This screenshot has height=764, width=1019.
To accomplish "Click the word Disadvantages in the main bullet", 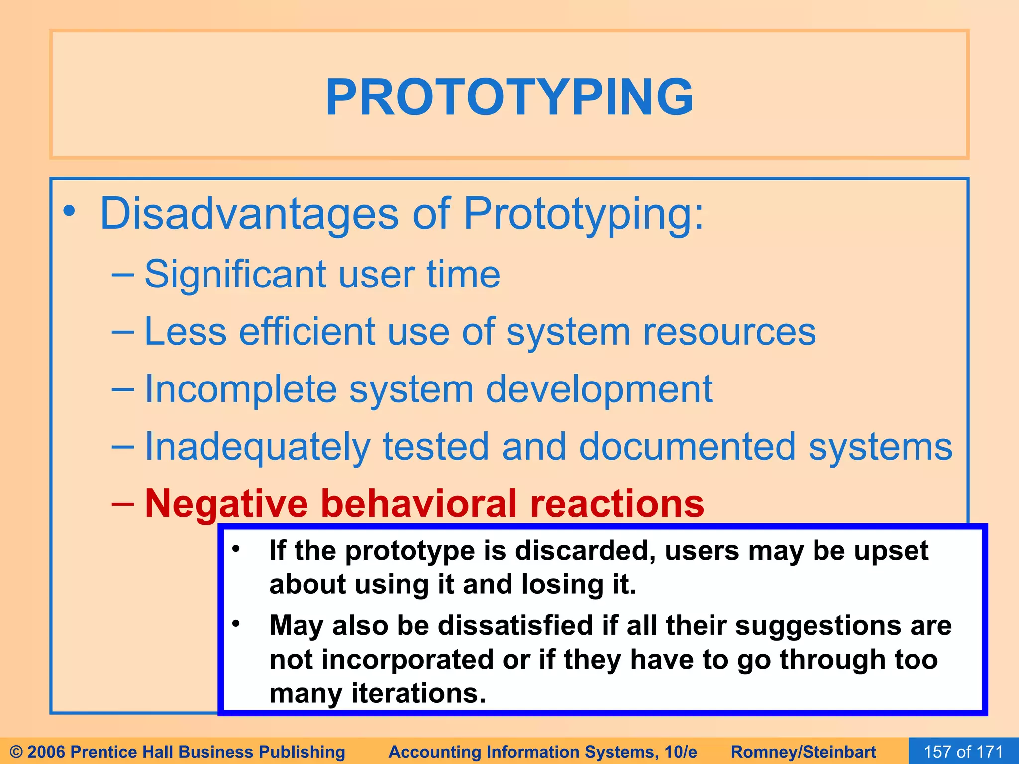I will coord(249,214).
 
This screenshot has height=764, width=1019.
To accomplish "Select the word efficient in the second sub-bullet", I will coord(307,332).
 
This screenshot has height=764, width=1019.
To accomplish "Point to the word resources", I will coord(729,332).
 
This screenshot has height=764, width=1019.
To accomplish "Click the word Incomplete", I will coord(240,389).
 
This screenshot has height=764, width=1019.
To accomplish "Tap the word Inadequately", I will coord(257,447).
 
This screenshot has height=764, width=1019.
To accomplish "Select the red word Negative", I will coord(226,503).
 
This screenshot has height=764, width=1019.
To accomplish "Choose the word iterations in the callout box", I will coord(418,693).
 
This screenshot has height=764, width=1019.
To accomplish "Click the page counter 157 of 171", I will coord(963,751).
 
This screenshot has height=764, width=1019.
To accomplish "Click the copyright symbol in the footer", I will coord(16,752).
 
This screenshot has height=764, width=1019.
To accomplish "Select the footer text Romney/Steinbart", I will coord(803,752).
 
